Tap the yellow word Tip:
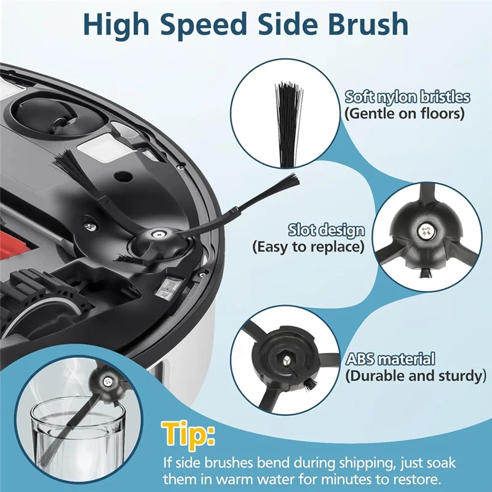pyautogui.click(x=188, y=434)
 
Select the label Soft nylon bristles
pyautogui.click(x=407, y=97)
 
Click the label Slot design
pyautogui.click(x=327, y=231)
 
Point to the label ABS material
pyautogui.click(x=391, y=360)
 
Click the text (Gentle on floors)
pyautogui.click(x=405, y=113)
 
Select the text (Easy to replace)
pyautogui.click(x=309, y=247)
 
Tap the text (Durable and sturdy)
pyautogui.click(x=416, y=376)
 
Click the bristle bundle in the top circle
pyautogui.click(x=289, y=124)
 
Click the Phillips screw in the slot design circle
pyautogui.click(x=426, y=231)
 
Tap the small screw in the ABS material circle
pyautogui.click(x=286, y=361)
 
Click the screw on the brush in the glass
pyautogui.click(x=108, y=382)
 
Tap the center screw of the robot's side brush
pyautogui.click(x=157, y=234)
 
